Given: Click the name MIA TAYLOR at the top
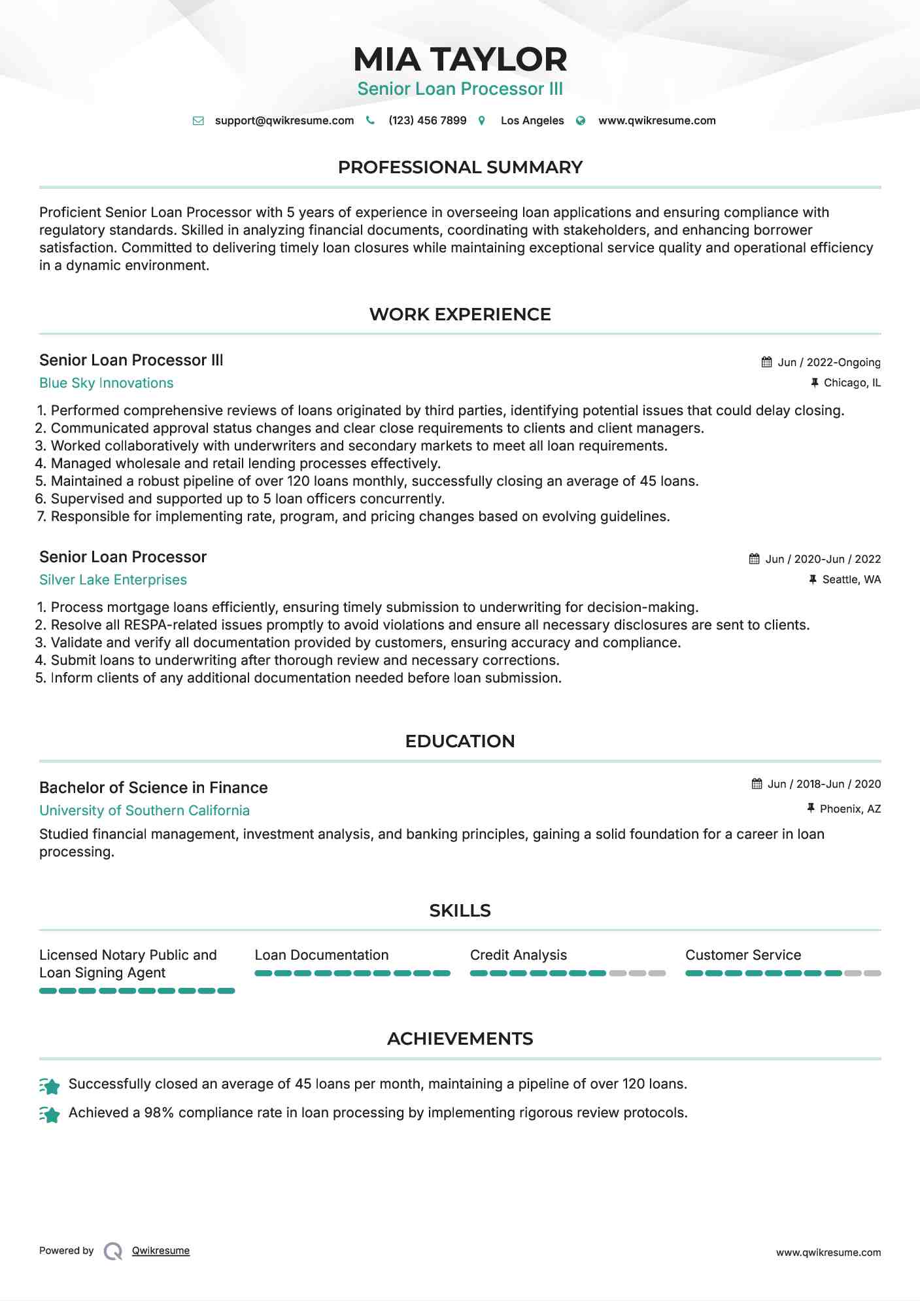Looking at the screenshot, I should pyautogui.click(x=460, y=59).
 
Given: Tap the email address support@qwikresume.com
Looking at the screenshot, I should pyautogui.click(x=284, y=121).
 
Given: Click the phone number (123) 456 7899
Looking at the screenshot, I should pyautogui.click(x=427, y=121).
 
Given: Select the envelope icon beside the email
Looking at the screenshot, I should pyautogui.click(x=198, y=121).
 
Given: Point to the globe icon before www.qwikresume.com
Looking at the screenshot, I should pyautogui.click(x=581, y=121).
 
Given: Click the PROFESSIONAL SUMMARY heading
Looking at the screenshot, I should pyautogui.click(x=460, y=167).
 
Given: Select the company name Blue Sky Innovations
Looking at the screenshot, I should pyautogui.click(x=106, y=383).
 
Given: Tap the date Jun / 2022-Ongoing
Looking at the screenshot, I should pyautogui.click(x=828, y=363).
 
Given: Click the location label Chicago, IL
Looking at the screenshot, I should pyautogui.click(x=851, y=383).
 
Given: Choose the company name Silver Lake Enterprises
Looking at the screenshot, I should pyautogui.click(x=112, y=580).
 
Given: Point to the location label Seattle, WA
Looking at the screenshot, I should pyautogui.click(x=851, y=580).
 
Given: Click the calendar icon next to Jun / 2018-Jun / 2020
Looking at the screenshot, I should pyautogui.click(x=757, y=784).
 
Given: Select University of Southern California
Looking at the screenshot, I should pyautogui.click(x=144, y=811).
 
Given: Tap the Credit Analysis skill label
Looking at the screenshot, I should pyautogui.click(x=518, y=955).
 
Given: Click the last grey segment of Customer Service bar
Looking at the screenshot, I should pyautogui.click(x=872, y=973).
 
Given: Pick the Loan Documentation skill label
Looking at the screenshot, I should pyautogui.click(x=321, y=955).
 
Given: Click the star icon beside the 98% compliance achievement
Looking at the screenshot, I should pyautogui.click(x=50, y=1113).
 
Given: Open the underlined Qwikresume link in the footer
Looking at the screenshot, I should pyautogui.click(x=160, y=1251).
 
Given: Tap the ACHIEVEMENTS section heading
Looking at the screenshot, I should pyautogui.click(x=460, y=1039).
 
